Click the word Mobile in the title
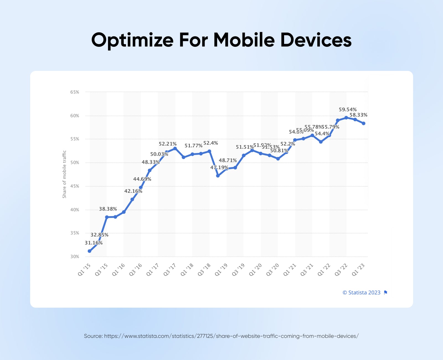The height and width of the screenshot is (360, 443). pos(244,40)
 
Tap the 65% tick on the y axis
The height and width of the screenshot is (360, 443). pos(74,92)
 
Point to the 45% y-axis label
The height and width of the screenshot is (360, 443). pos(74,186)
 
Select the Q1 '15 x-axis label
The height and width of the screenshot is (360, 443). pos(84,269)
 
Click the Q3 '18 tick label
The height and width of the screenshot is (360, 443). pos(204,269)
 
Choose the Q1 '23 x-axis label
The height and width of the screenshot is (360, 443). pos(358,269)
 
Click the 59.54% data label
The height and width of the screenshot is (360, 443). pos(347,109)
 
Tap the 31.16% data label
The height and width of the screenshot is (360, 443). pos(94,243)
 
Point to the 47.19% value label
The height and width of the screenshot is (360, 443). pos(219,168)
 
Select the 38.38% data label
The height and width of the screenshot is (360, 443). pos(108,209)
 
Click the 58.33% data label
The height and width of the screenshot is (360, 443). pos(358,115)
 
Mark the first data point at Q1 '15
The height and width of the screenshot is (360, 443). pos(89,251)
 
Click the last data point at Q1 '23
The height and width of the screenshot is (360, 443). pos(364,124)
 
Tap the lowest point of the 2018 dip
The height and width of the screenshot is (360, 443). pos(218,176)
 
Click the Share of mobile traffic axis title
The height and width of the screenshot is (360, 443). pos(64,174)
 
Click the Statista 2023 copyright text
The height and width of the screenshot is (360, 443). pos(361,293)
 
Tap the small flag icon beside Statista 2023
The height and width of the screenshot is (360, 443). pos(386,292)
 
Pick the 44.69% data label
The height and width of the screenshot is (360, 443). pos(142,179)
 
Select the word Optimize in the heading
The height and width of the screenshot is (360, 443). pos(132,40)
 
